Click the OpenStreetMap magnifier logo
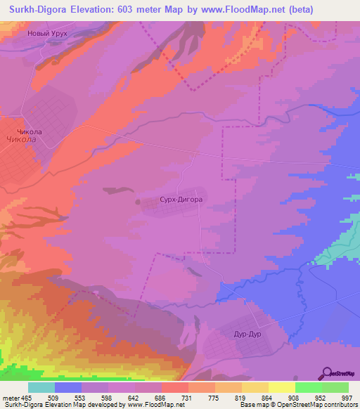click(326, 373)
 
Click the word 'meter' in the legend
click(11, 398)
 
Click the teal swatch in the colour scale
click(41, 387)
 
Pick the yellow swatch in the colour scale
click(281, 387)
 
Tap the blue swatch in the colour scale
click(68, 387)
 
